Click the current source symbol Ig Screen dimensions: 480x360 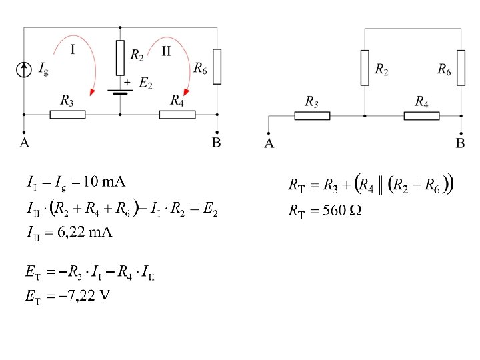(25, 69)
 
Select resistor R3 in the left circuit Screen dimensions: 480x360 (67, 114)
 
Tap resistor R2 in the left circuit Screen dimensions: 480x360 (120, 58)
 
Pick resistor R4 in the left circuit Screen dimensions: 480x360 (177, 114)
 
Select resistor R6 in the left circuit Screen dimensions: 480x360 (217, 66)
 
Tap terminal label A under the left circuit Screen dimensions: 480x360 (24, 143)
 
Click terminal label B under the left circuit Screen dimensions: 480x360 (216, 143)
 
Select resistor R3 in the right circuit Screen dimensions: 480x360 (312, 115)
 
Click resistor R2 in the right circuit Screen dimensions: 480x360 (365, 67)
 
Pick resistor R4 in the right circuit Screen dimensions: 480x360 (421, 115)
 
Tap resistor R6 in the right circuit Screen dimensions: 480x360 (461, 67)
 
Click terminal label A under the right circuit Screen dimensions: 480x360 (269, 143)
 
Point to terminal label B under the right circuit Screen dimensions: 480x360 (461, 143)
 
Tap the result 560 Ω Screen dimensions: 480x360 (342, 211)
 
